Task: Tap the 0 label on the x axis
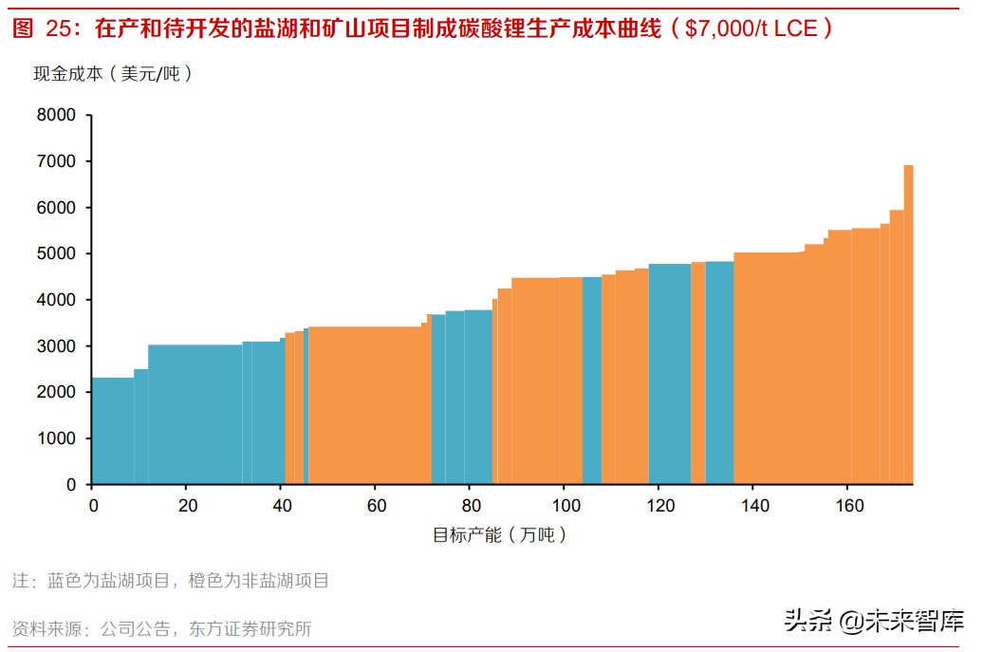point(93,506)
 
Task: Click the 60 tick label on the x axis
point(376,506)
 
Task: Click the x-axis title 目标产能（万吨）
point(500,535)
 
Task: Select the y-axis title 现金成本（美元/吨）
point(114,73)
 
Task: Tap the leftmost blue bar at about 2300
point(113,431)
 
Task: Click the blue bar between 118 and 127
point(670,374)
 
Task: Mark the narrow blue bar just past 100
point(591,381)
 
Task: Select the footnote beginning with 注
point(171,581)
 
